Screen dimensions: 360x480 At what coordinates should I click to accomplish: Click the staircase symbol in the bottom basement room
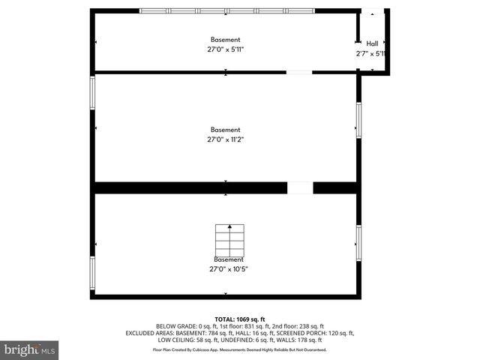(x=230, y=240)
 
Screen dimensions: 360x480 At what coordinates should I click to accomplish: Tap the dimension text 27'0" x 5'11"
(x=225, y=50)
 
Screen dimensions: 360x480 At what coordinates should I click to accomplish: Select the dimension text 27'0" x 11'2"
(x=225, y=139)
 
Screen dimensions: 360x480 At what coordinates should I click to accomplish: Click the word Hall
(x=372, y=43)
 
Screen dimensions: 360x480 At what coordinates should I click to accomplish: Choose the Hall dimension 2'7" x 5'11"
(x=371, y=54)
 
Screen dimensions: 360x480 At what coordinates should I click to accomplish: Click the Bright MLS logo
(x=29, y=349)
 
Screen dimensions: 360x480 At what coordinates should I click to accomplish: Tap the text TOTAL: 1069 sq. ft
(x=240, y=319)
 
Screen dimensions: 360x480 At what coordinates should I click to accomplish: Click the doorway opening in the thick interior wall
(x=300, y=187)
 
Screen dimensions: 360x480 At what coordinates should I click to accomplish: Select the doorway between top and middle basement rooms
(x=299, y=72)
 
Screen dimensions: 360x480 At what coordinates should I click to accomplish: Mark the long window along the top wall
(x=227, y=10)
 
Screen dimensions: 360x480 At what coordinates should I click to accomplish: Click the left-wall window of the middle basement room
(x=93, y=92)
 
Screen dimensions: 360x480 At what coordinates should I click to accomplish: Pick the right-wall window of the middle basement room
(x=358, y=120)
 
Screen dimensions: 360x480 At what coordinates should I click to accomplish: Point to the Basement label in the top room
(x=225, y=40)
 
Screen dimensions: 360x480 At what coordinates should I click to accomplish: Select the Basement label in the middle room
(x=225, y=129)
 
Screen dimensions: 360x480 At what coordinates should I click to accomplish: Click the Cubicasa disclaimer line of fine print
(x=240, y=349)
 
